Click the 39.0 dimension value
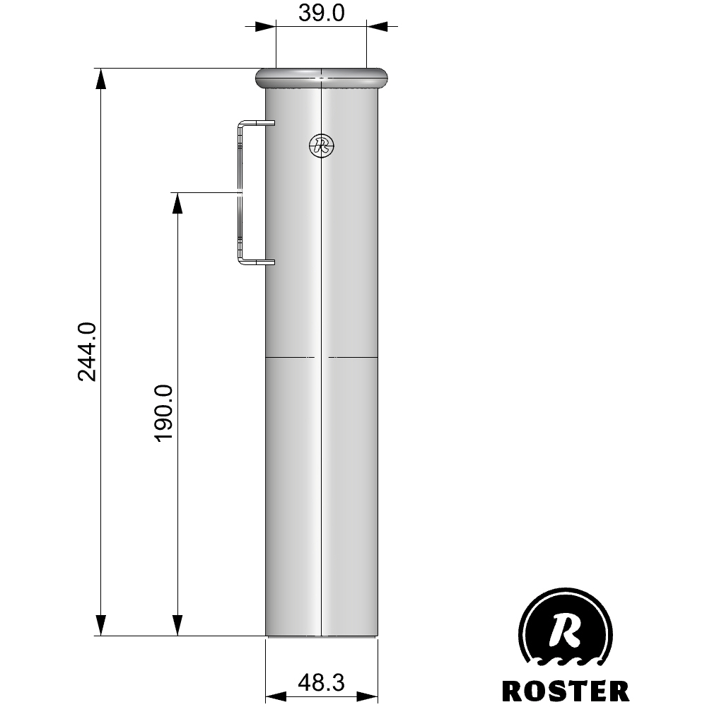(x=322, y=13)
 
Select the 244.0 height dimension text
(x=87, y=351)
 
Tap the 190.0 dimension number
(x=164, y=413)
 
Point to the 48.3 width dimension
(x=322, y=682)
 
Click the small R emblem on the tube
(x=322, y=145)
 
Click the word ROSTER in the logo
(x=566, y=691)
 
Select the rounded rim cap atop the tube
(x=322, y=78)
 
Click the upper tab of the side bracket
(x=258, y=122)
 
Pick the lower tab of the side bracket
(x=258, y=262)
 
